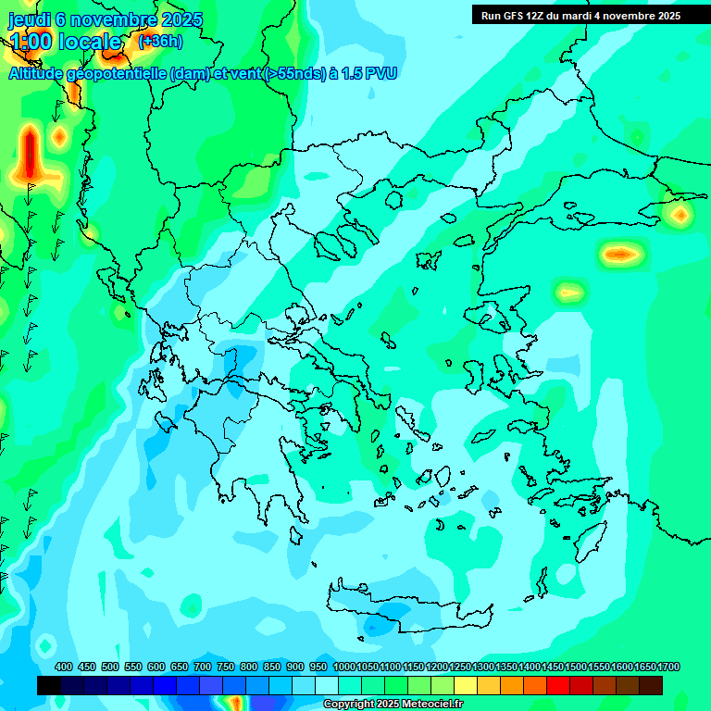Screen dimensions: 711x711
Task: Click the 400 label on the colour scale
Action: [64, 667]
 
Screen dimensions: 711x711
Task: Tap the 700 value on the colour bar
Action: [203, 667]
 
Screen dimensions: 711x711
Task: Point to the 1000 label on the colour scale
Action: [344, 667]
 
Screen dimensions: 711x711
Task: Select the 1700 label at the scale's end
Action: [669, 667]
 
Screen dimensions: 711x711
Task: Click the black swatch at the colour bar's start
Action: [49, 685]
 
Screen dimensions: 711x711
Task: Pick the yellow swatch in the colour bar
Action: [466, 685]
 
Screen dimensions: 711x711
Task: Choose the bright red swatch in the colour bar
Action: [558, 685]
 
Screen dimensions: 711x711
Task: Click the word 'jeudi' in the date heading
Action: [31, 19]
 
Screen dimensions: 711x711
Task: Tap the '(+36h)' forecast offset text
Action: [160, 41]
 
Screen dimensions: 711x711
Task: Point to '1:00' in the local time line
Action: [30, 42]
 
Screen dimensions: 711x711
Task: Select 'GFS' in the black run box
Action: [517, 16]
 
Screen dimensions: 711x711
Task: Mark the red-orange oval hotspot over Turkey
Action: [619, 253]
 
